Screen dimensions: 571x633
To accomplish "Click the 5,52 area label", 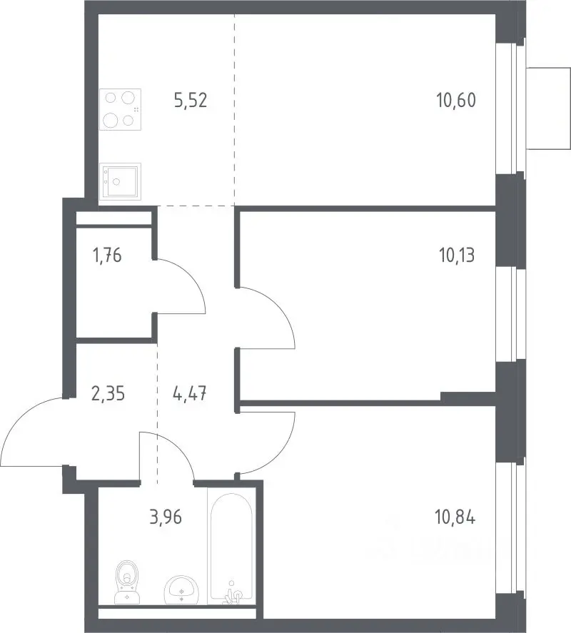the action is click(x=191, y=100).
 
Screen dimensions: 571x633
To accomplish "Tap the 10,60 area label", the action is click(x=456, y=100).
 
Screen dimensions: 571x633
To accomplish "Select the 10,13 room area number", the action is click(x=456, y=255).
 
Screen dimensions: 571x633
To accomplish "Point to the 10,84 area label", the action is click(x=455, y=517).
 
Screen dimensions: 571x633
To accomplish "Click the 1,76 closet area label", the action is click(x=107, y=255).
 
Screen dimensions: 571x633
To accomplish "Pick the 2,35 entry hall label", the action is click(x=108, y=393).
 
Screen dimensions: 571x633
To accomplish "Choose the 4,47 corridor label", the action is click(x=189, y=393).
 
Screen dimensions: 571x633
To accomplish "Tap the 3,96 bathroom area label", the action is click(x=166, y=517).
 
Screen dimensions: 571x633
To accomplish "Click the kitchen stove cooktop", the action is click(x=121, y=109).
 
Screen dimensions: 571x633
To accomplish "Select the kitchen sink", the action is click(x=121, y=182).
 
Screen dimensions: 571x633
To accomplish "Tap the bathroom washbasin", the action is click(x=181, y=590).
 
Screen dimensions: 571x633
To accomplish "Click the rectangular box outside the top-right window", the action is click(x=548, y=108).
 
